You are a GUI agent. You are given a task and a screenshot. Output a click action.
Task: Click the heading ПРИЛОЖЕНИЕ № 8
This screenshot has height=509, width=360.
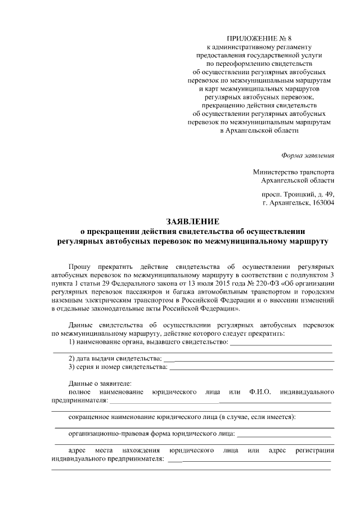263,39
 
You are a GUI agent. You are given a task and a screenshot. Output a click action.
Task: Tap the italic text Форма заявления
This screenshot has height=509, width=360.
308,155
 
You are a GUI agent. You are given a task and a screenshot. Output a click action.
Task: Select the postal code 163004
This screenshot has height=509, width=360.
322,203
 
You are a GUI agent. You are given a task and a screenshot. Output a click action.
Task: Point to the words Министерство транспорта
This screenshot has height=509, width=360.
294,172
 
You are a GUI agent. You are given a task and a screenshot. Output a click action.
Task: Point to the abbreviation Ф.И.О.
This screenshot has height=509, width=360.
259,391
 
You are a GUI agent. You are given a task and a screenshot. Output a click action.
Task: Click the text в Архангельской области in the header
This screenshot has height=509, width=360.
260,130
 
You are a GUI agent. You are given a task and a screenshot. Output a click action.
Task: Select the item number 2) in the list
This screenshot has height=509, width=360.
71,358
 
